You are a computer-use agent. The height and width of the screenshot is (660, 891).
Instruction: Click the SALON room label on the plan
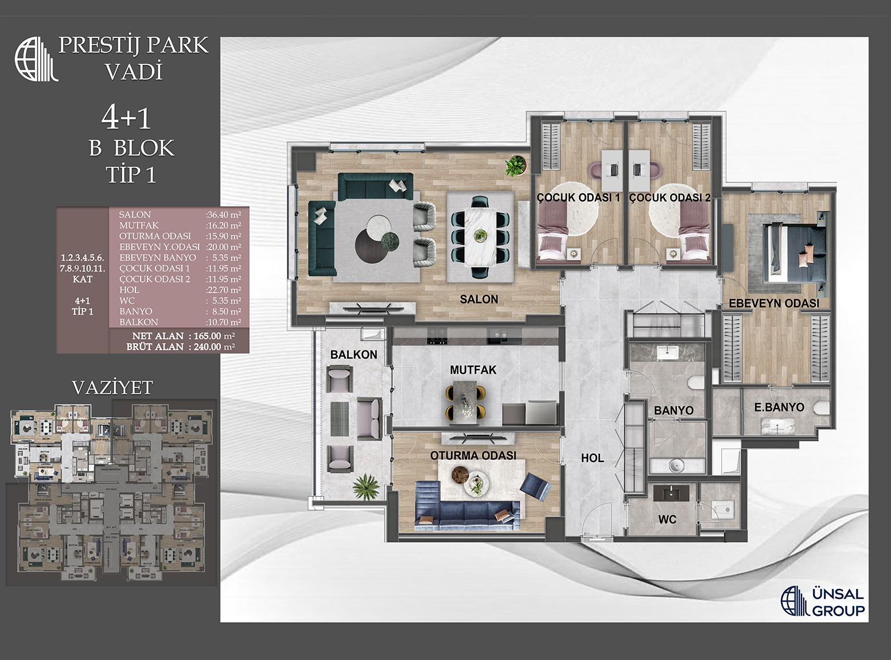(x=479, y=299)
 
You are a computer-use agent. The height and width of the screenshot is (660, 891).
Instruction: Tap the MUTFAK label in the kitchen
(x=473, y=370)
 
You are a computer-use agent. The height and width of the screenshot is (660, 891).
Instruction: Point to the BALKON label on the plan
(x=353, y=355)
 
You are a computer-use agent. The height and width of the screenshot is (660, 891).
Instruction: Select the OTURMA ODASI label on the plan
(x=473, y=455)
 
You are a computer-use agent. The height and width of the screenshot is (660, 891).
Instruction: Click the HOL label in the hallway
(x=592, y=458)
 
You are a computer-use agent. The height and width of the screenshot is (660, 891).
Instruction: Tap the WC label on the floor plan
(x=667, y=519)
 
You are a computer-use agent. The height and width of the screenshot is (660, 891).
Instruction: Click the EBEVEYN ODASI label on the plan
(x=774, y=303)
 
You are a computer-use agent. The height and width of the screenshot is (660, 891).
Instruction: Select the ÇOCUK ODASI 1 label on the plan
(x=578, y=198)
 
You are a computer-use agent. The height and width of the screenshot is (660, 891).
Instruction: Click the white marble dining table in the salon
(x=480, y=235)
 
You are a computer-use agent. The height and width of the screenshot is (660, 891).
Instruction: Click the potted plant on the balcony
(x=365, y=487)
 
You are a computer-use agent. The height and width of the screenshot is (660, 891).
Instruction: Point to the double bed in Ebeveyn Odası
(x=795, y=253)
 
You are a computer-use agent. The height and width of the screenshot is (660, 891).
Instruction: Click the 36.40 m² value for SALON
(x=223, y=215)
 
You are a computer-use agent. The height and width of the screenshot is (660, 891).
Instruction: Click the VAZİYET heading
(x=112, y=388)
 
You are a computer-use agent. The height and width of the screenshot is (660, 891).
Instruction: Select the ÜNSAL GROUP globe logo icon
(x=795, y=601)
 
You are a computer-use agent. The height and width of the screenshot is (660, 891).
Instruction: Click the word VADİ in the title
(x=134, y=72)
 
